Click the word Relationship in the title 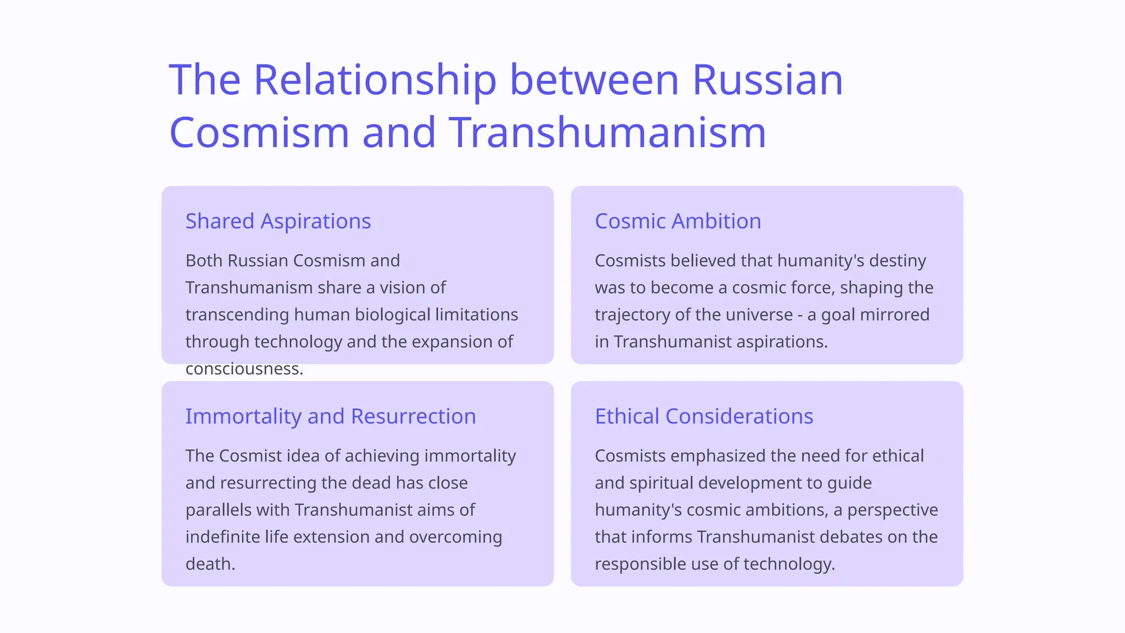[x=375, y=80]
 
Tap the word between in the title [x=594, y=80]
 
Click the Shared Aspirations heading [x=278, y=221]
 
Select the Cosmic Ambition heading [x=678, y=221]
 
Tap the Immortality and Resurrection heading [x=330, y=417]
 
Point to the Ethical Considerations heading [x=704, y=417]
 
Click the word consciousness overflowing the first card [x=244, y=369]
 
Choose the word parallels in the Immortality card [x=219, y=510]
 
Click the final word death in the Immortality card [x=210, y=564]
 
